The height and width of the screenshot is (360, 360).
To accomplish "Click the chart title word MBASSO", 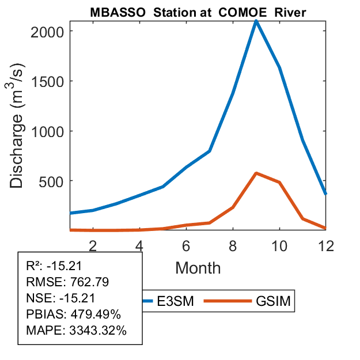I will [115, 13].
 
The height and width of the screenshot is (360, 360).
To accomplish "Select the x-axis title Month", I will [198, 267].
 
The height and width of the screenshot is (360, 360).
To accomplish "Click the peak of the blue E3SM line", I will [256, 21].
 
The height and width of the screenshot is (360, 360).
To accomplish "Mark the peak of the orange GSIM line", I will [256, 173].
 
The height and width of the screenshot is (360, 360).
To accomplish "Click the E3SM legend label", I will [175, 301].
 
